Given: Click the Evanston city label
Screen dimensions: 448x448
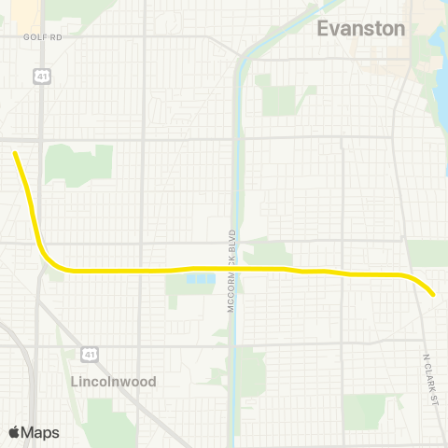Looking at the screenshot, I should pos(361,28).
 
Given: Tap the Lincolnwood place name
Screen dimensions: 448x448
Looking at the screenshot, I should pos(113,382).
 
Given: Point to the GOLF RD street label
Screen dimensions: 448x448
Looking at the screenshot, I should pos(42,36).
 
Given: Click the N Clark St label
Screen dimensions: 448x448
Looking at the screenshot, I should pos(430,380).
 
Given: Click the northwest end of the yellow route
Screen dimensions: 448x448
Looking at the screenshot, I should pos(15,153).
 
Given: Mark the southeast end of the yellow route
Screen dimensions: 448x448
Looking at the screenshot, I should pos(433,295).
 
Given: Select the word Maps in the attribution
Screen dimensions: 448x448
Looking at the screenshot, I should pos(40,432).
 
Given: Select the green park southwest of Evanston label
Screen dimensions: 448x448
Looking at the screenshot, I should pos(279,93).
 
